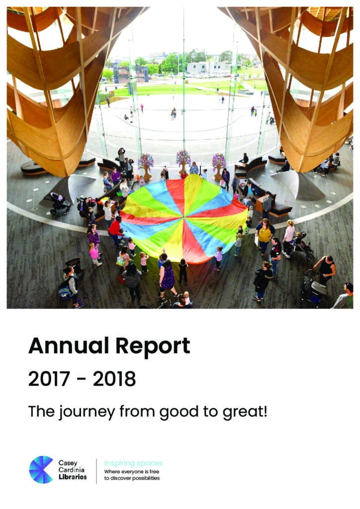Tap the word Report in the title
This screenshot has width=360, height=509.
153,347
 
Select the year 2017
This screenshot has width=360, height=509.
49,379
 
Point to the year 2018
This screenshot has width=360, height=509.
114,379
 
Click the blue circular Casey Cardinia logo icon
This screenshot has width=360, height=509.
41,470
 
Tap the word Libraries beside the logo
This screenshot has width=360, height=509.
73,477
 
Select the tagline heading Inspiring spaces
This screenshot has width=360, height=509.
133,463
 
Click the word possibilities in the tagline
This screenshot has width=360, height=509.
145,478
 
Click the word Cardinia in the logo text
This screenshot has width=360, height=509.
72,470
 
